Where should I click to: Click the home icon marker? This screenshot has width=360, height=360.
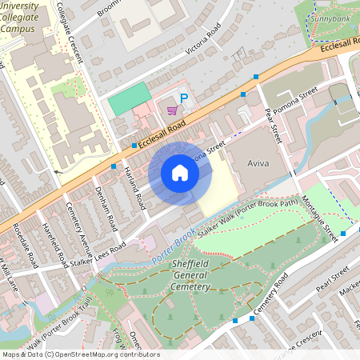point(180,173)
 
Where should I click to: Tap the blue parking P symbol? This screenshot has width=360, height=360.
point(184,98)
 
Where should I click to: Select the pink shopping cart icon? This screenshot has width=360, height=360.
point(171,110)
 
